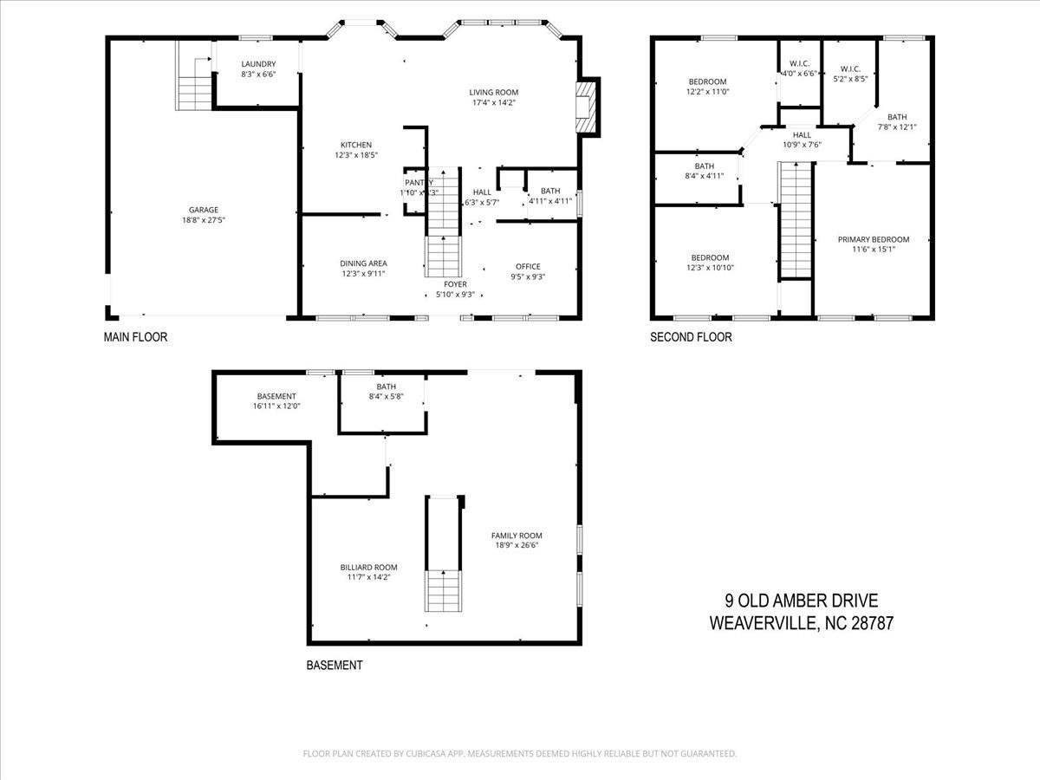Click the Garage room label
204,210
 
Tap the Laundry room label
258,64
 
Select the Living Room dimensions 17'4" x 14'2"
493,103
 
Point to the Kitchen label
355,145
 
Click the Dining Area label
363,263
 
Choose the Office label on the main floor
528,267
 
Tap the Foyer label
455,284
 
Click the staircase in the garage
195,84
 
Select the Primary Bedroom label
873,240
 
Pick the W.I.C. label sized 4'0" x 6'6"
799,64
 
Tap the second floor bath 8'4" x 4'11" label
704,166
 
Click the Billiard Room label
368,569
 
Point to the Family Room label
516,536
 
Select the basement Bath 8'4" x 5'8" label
386,387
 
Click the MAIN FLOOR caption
135,337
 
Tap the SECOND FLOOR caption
691,337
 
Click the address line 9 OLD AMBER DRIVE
802,601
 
